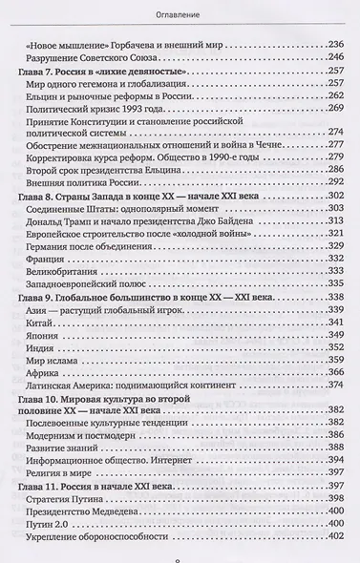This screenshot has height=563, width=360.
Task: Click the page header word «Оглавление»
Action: coord(180,14)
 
